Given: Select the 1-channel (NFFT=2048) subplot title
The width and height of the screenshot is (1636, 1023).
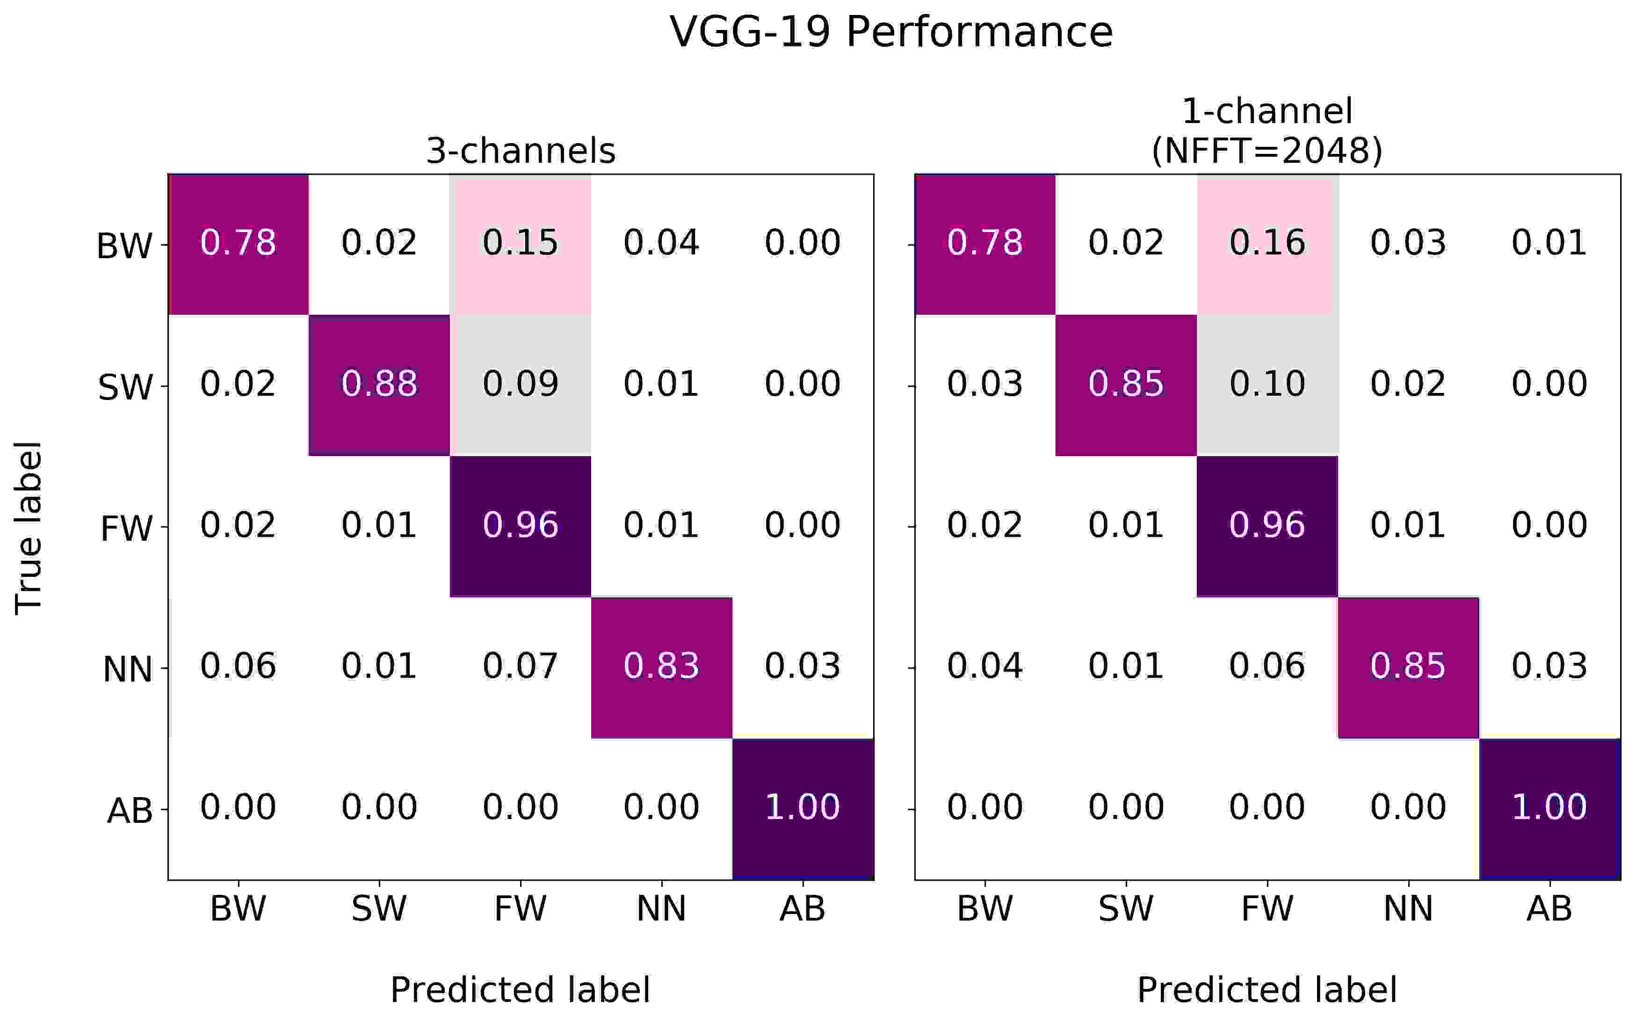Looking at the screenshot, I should (x=1267, y=131).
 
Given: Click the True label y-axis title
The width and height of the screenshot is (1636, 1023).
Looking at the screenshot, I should (x=29, y=528).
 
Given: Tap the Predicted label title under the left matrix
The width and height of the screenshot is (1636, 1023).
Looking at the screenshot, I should (x=520, y=990).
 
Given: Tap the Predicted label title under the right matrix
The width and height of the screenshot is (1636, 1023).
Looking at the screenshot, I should (x=1267, y=990).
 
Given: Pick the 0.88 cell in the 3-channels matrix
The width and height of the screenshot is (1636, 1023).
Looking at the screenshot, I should (x=379, y=385).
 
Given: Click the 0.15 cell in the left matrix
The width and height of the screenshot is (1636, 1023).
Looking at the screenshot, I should (x=520, y=243).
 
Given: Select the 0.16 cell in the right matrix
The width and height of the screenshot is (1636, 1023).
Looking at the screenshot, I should (x=1267, y=243).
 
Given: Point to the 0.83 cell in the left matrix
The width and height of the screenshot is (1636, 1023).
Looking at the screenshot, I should (x=661, y=667).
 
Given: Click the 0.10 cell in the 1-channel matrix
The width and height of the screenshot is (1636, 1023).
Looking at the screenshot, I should (x=1267, y=385).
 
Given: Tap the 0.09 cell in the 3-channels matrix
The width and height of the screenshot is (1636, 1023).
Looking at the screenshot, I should (x=520, y=385).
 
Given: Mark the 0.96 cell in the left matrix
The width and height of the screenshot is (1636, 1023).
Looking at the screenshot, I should (x=520, y=526).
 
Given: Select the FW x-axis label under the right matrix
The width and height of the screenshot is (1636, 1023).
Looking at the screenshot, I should (x=1267, y=909).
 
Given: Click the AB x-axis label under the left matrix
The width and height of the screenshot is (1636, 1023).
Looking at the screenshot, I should (x=802, y=909).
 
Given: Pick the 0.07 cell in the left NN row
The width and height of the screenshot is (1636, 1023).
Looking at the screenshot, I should (x=520, y=667).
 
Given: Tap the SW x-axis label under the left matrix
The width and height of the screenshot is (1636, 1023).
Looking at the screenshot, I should (x=379, y=909).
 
